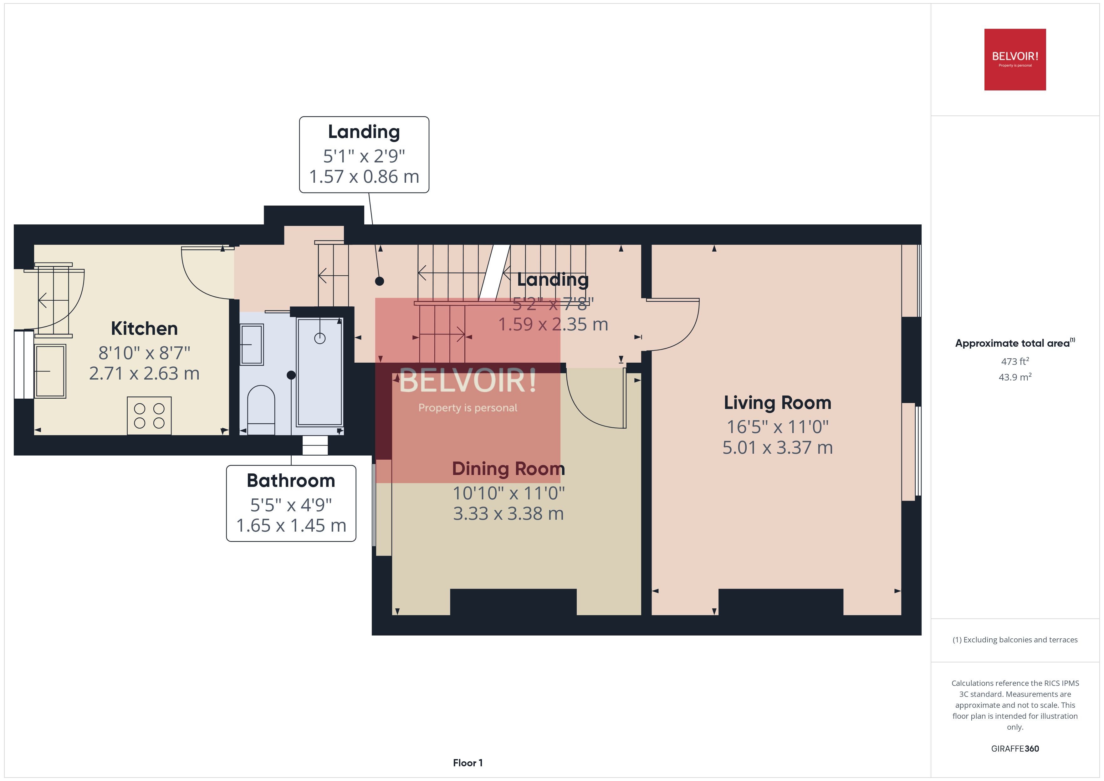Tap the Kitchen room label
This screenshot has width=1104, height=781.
point(144,329)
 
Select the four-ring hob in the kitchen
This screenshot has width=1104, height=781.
point(149,416)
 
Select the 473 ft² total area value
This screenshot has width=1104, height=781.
point(1015,361)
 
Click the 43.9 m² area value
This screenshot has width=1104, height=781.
point(1015,377)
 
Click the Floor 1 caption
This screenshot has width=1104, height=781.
point(468,763)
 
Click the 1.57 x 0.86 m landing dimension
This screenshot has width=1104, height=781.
point(364,176)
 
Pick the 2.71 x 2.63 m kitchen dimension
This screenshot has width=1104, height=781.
point(144,374)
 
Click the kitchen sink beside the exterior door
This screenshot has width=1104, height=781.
point(50,371)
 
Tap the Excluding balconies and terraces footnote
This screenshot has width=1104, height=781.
point(1015,640)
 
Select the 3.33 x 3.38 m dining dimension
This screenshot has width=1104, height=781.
point(508,513)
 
